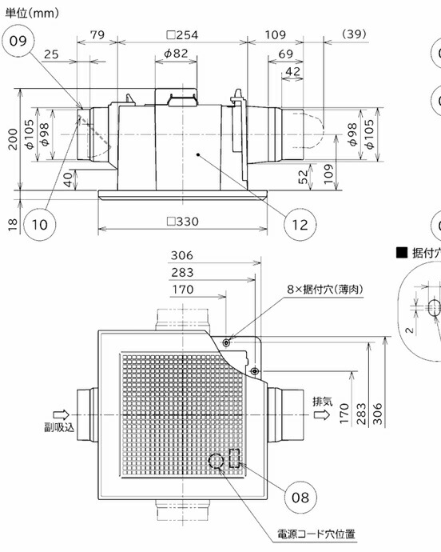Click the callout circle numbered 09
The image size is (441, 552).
pos(18,41)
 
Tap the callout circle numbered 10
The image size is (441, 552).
pos(39,224)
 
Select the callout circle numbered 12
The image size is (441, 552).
pos(300,225)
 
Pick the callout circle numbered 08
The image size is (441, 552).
pos(300,498)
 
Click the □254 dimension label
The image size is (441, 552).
pos(182,35)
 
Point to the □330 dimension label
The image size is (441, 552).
pos(182,222)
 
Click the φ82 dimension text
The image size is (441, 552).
pos(176,54)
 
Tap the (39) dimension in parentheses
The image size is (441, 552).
pos(354,34)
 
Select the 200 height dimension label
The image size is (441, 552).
pos(13,139)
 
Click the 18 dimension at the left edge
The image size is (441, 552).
pos(12,224)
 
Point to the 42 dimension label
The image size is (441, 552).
pos(293,71)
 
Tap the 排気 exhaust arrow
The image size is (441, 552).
pos(321,414)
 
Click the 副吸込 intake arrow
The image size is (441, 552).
pos(62,414)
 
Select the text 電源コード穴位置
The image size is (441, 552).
pos(316,534)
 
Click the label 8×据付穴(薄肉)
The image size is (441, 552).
pos(325,290)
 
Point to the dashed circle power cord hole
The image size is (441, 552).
pos(216,461)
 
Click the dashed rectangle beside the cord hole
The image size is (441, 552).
pos(234,458)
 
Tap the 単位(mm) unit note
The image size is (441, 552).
pos(32,14)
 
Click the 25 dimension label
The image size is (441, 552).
pos(51,54)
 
